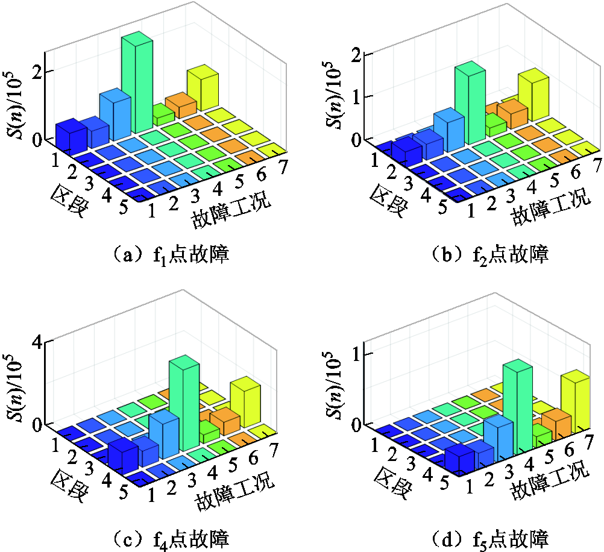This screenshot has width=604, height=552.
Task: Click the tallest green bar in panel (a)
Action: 136,84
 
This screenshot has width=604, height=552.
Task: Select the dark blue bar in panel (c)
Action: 122,457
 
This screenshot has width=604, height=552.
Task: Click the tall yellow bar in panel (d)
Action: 575,401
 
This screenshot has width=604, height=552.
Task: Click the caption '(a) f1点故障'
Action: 168,255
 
